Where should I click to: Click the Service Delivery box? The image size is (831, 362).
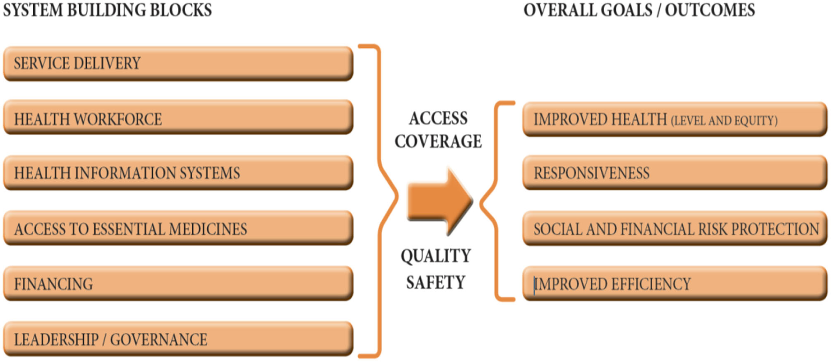(x=178, y=63)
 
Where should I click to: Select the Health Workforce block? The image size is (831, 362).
(x=178, y=118)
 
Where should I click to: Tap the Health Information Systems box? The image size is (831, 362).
(x=178, y=173)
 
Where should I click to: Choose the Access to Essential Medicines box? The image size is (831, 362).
(x=178, y=229)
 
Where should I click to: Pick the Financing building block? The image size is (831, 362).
(x=178, y=284)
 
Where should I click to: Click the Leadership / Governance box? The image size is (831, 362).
(x=178, y=339)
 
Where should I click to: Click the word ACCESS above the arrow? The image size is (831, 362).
(x=438, y=118)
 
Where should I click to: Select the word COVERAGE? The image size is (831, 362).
(x=438, y=141)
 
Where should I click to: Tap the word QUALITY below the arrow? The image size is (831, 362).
(x=436, y=256)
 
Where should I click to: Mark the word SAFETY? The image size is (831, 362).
(x=436, y=282)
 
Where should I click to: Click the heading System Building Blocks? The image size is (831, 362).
(x=107, y=10)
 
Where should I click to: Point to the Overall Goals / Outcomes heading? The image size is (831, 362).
(x=639, y=10)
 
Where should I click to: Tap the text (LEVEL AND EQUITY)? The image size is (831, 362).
(x=724, y=121)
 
